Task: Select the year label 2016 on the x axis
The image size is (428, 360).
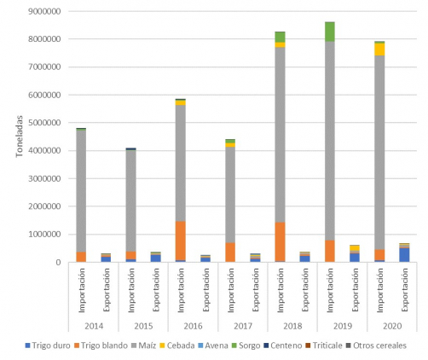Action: [x=194, y=326]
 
